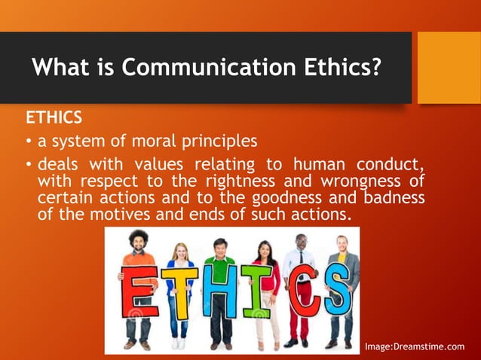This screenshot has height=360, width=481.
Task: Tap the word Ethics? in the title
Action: pyautogui.click(x=336, y=68)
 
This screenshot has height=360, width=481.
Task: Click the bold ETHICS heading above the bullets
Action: pyautogui.click(x=53, y=118)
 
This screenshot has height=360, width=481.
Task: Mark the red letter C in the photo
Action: pyautogui.click(x=299, y=294)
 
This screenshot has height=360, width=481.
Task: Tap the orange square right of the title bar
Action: pyautogui.click(x=449, y=67)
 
